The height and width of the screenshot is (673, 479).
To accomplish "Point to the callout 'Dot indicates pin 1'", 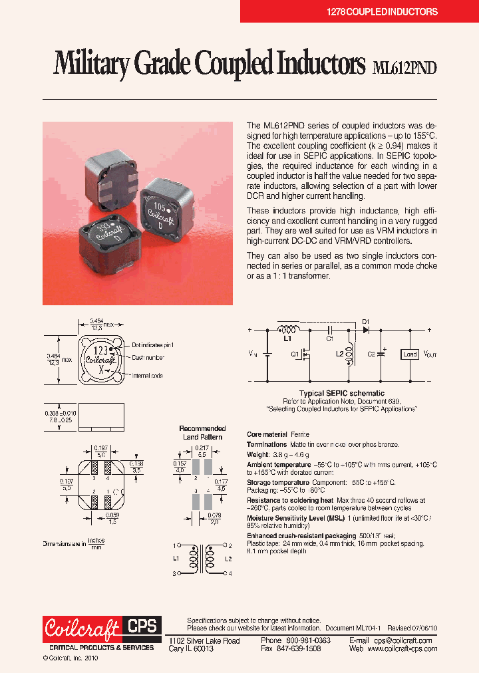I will [154, 344].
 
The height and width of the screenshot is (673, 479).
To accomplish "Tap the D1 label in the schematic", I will [366, 323].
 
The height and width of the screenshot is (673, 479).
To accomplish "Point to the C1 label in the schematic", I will [329, 339].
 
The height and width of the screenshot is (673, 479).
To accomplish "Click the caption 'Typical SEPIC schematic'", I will [341, 394].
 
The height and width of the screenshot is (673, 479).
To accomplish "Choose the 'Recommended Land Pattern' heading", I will [202, 433].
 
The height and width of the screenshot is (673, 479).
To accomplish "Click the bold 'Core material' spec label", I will [267, 434].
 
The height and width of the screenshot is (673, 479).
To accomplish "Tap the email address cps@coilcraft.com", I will [399, 640].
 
